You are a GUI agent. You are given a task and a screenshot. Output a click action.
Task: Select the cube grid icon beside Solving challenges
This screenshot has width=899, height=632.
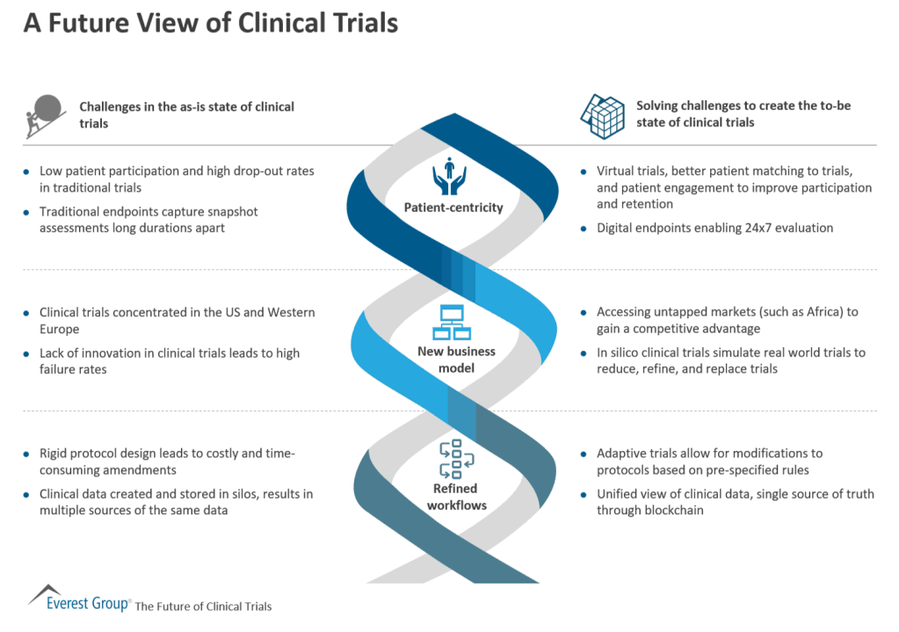point(601,115)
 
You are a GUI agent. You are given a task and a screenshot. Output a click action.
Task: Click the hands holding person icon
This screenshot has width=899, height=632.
point(449,176)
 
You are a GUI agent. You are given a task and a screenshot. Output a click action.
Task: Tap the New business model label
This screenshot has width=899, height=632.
point(456,359)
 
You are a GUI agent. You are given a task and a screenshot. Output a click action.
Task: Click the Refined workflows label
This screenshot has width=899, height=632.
point(455,496)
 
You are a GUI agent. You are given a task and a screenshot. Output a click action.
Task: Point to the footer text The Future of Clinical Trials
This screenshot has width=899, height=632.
point(203,607)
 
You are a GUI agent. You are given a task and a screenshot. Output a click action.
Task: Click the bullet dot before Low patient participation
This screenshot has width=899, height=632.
point(26,171)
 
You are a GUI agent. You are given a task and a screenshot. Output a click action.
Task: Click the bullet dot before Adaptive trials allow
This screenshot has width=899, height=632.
point(584,454)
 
